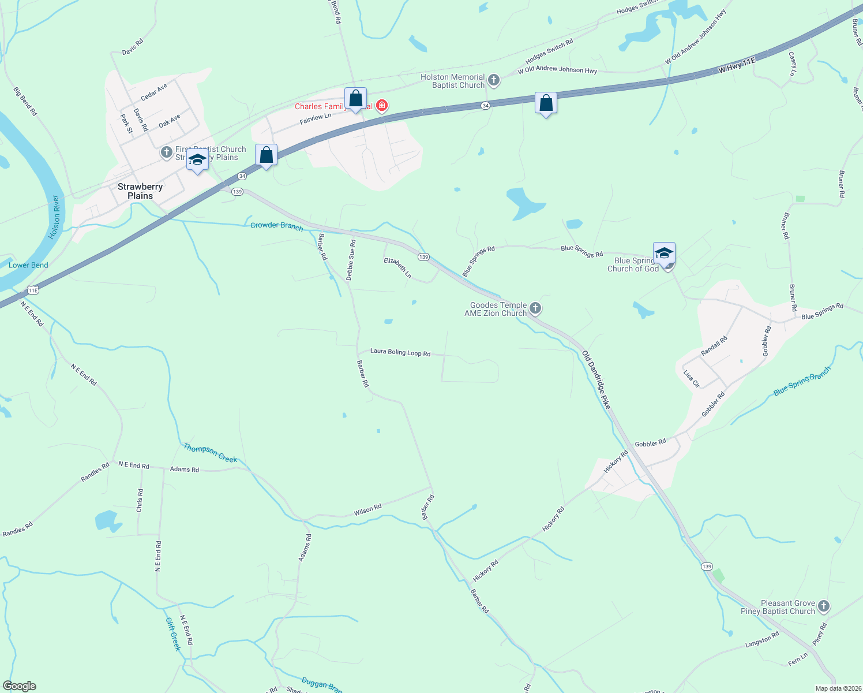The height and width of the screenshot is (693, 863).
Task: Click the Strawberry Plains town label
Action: pyautogui.click(x=140, y=191)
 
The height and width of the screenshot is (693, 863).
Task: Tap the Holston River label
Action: pyautogui.click(x=55, y=218)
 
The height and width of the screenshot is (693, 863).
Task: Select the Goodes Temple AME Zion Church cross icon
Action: pyautogui.click(x=535, y=308)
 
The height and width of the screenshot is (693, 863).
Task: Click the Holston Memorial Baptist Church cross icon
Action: pyautogui.click(x=493, y=80)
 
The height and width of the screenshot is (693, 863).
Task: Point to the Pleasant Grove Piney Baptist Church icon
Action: pyautogui.click(x=824, y=606)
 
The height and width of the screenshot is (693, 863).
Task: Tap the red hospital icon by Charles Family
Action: pyautogui.click(x=381, y=106)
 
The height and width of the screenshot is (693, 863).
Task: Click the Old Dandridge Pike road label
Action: pyautogui.click(x=596, y=379)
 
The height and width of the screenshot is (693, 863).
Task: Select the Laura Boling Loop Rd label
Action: pyautogui.click(x=400, y=352)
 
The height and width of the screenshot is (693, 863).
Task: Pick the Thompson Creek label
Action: pyautogui.click(x=210, y=453)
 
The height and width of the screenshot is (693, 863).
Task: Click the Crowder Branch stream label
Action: pyautogui.click(x=277, y=226)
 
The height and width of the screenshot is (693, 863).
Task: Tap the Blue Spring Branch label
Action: pyautogui.click(x=802, y=382)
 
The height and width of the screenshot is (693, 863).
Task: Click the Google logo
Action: pyautogui.click(x=20, y=686)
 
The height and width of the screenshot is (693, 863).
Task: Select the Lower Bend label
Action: pyautogui.click(x=28, y=265)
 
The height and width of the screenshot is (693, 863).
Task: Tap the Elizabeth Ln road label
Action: pyautogui.click(x=398, y=268)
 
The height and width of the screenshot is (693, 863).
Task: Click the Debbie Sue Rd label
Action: pyautogui.click(x=351, y=260)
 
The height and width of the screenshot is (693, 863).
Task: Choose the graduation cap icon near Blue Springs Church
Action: pyautogui.click(x=664, y=253)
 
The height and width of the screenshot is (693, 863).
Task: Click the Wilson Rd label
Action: pyautogui.click(x=367, y=510)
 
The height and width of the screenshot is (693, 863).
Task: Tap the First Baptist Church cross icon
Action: pyautogui.click(x=167, y=152)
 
